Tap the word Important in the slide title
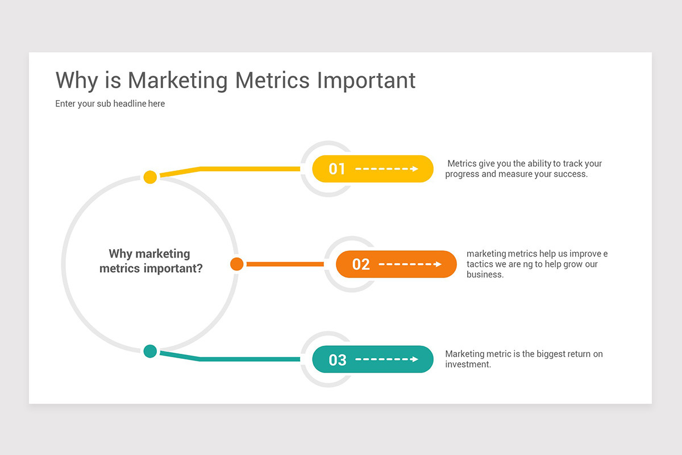point(366,81)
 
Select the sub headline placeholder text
point(110,104)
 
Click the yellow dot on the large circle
point(150,177)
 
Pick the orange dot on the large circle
point(237,264)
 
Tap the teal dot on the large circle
point(150,351)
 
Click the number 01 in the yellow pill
point(337,169)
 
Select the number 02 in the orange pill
point(361,264)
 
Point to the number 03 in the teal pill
point(337,360)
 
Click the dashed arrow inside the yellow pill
point(387,169)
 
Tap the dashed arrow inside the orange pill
point(410,264)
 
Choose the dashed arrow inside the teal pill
point(387,359)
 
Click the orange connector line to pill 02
point(284,264)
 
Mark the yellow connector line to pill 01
point(250,168)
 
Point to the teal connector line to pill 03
point(250,359)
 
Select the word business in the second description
point(485,274)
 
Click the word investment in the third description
point(467,364)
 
